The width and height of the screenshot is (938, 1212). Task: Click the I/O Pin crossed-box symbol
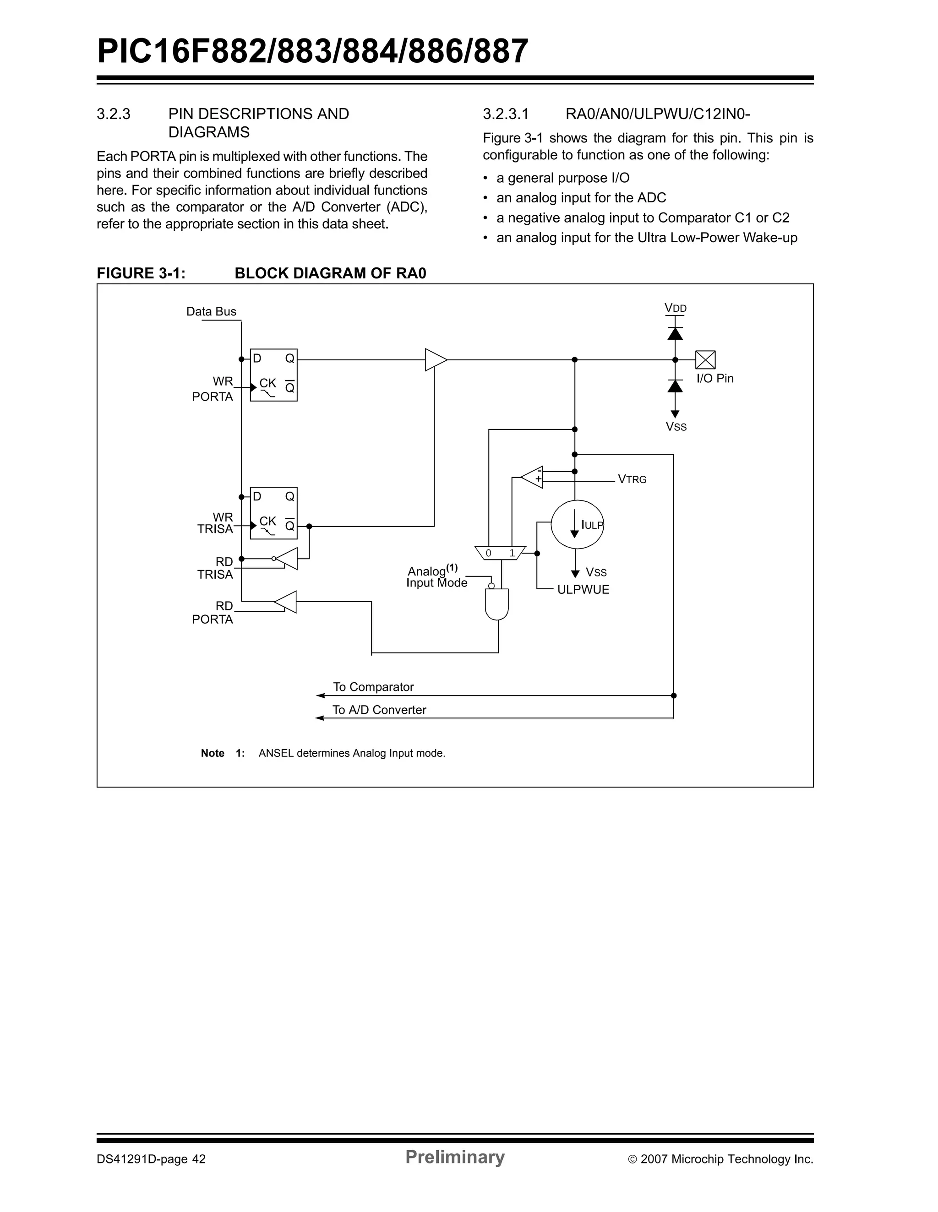[705, 359]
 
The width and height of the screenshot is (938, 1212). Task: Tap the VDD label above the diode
[676, 308]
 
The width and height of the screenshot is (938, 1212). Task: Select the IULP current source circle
[577, 524]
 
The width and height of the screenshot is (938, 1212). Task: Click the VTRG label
[632, 479]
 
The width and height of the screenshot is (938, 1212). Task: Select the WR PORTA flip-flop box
[273, 375]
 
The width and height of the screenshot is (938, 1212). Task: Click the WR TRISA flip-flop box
[273, 513]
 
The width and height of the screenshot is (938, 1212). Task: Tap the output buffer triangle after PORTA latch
[435, 359]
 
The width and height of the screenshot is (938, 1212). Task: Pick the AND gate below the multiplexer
[497, 604]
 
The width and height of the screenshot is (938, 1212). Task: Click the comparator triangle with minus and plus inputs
[533, 477]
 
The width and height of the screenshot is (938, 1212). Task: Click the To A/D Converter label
[379, 710]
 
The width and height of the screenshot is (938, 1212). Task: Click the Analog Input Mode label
[436, 577]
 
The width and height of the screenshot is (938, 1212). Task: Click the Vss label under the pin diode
[676, 427]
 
